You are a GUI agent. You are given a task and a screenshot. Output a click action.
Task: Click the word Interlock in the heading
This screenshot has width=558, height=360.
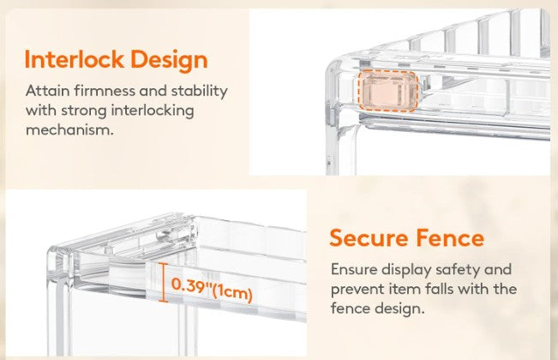[74, 59]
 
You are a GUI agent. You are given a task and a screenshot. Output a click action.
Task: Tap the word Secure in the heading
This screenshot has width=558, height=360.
[369, 237]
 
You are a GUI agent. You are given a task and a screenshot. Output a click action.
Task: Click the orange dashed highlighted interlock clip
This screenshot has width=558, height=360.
[388, 91]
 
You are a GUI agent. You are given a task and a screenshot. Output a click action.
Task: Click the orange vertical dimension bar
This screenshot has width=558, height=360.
[163, 283]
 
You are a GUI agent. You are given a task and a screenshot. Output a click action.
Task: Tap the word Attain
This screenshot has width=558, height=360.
[47, 91]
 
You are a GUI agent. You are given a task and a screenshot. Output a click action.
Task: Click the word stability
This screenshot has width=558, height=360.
[199, 92]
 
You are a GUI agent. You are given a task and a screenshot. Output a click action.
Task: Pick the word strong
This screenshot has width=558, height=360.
[84, 111]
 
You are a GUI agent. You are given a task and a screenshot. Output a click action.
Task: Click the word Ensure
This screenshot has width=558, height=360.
[354, 269]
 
